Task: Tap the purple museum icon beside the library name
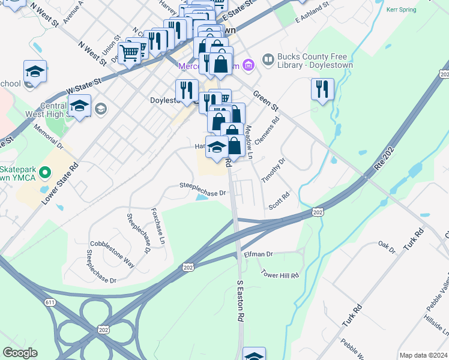(267, 61)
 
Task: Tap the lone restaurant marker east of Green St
(322, 89)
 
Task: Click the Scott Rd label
(280, 201)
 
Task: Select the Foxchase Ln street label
(158, 226)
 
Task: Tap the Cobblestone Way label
(112, 245)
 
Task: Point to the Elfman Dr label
(258, 254)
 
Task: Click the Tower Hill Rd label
(280, 275)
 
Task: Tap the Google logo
(20, 352)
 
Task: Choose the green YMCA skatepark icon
(44, 175)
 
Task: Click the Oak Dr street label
(387, 246)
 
